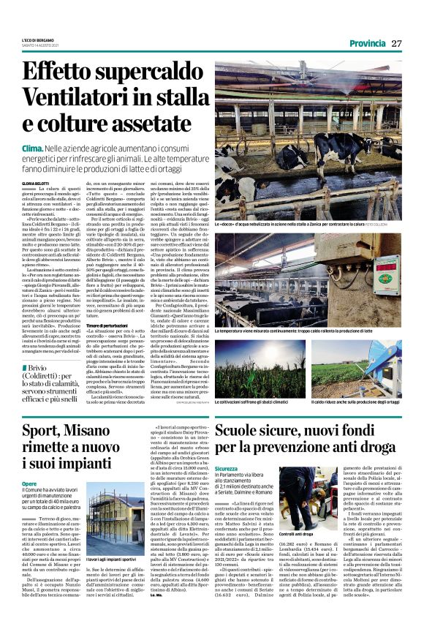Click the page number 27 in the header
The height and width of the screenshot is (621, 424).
click(396, 43)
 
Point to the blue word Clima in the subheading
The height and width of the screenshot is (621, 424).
click(34, 148)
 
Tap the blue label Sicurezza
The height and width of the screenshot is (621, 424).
click(227, 468)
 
